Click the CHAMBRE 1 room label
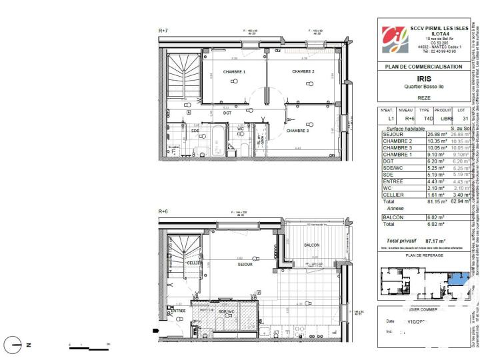(x=234, y=71)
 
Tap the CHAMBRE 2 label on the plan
(x=303, y=71)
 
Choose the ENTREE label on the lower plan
(x=178, y=311)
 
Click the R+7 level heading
(x=163, y=31)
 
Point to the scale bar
(x=89, y=347)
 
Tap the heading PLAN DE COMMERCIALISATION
(x=423, y=67)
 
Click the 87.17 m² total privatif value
(x=434, y=241)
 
